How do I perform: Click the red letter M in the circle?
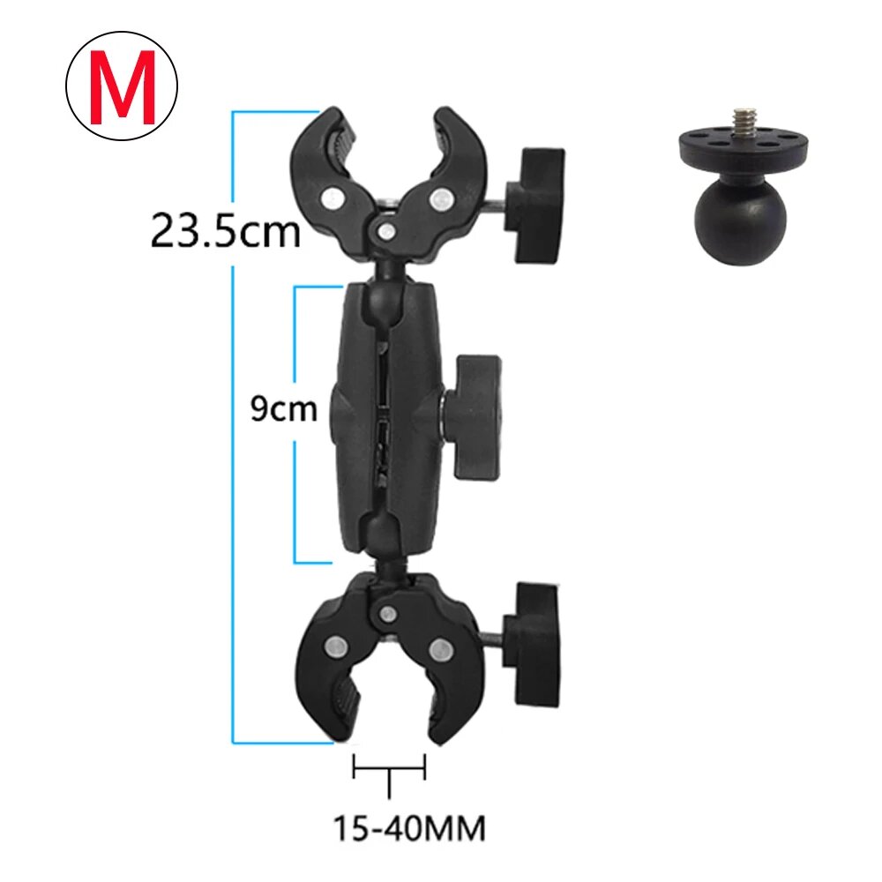pyautogui.click(x=122, y=86)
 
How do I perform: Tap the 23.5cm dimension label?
pyautogui.click(x=226, y=230)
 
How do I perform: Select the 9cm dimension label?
pyautogui.click(x=283, y=409)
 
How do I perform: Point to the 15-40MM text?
pyautogui.click(x=409, y=828)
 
